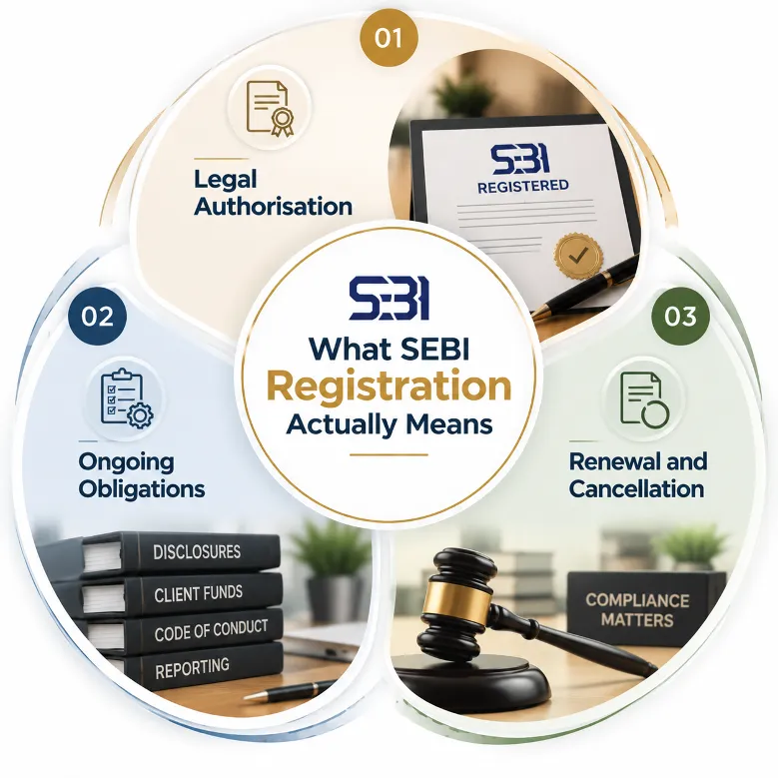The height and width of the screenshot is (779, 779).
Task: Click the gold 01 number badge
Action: pos(389,38)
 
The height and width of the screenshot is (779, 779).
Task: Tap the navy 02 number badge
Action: pos(98,317)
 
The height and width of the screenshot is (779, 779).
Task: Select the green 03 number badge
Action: pos(680,317)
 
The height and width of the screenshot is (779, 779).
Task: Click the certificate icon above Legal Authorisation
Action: pos(270,108)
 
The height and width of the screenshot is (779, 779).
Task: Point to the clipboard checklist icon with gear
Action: pos(127,398)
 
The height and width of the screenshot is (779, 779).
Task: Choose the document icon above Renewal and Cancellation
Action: pos(644,399)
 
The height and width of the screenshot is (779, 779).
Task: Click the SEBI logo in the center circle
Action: pos(389,299)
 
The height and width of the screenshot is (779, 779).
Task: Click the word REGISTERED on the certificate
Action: pos(522,187)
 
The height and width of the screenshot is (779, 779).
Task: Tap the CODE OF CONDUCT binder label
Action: pos(211,630)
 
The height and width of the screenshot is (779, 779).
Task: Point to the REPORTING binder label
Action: pos(193,669)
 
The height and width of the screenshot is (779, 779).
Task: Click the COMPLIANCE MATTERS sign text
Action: pos(637,610)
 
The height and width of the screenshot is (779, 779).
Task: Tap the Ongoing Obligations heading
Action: pos(142,475)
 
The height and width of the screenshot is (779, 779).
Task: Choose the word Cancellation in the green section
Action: pos(636,488)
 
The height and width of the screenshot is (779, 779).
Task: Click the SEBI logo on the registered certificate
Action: pos(519,160)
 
